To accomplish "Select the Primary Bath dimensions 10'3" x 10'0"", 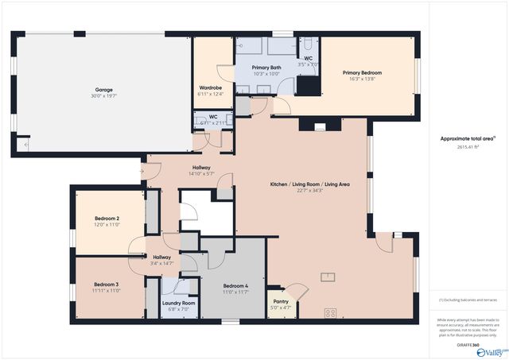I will coord(266,75).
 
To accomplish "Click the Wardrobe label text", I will coord(210,87).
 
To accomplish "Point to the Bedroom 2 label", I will coord(107,219).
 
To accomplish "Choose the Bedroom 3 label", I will coord(106,285).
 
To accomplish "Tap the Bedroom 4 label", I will coord(235,286).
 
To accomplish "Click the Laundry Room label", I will coord(178,303).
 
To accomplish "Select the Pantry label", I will coord(281,301).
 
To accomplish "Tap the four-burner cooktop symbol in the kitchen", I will coord(330,312).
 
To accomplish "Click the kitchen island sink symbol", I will coord(327,277).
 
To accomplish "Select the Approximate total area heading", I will coord(468,138).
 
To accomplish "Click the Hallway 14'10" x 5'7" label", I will coord(200,170).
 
